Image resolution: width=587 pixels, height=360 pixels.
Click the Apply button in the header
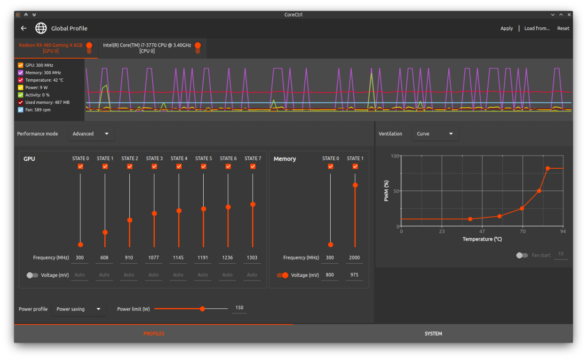click(507, 28)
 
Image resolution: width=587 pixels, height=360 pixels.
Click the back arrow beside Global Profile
click(24, 28)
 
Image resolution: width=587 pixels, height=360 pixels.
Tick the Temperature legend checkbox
click(21, 80)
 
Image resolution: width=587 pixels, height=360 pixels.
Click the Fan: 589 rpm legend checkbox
click(21, 110)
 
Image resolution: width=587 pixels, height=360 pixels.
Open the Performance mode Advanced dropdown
click(91, 134)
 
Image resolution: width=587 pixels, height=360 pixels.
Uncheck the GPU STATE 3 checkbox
click(154, 166)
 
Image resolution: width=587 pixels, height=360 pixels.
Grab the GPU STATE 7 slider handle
click(253, 204)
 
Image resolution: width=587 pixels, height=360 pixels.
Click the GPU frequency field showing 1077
click(153, 258)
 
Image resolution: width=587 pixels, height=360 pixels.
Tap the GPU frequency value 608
click(104, 258)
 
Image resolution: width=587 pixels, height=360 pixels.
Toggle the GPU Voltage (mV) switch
click(32, 275)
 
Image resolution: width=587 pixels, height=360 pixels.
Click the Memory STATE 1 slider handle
click(355, 185)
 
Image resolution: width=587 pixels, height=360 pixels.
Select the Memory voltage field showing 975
click(354, 275)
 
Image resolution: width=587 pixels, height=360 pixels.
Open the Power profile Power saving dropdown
click(79, 309)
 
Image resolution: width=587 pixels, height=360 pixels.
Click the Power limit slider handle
click(202, 309)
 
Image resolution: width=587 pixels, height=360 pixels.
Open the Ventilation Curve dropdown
click(435, 134)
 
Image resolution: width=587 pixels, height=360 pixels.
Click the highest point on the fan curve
click(547, 168)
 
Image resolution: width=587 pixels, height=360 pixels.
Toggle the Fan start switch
click(522, 255)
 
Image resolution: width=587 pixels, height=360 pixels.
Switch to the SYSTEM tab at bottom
click(433, 334)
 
